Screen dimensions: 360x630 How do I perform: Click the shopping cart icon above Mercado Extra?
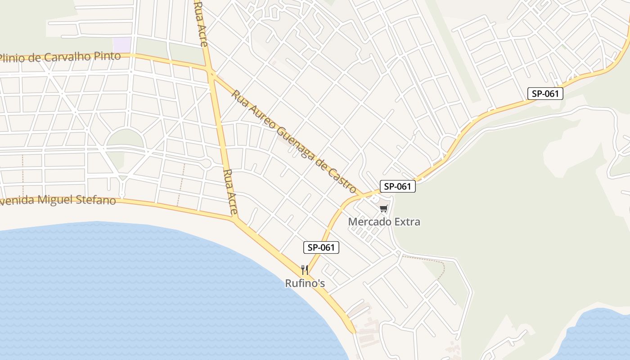point(383,208)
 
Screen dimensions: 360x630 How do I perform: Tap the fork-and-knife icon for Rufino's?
point(305,270)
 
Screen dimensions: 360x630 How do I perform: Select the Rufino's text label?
point(305,283)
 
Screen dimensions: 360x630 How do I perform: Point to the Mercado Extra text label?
point(384,222)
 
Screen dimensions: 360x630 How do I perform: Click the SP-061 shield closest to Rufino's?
point(321,247)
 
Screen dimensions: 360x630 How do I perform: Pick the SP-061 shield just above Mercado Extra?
point(397,186)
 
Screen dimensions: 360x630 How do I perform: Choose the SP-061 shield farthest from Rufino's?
point(545,94)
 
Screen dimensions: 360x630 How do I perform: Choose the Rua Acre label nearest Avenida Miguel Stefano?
point(229,191)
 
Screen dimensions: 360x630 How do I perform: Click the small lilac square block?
point(122,45)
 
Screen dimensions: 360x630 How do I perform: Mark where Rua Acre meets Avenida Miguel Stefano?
point(235,219)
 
